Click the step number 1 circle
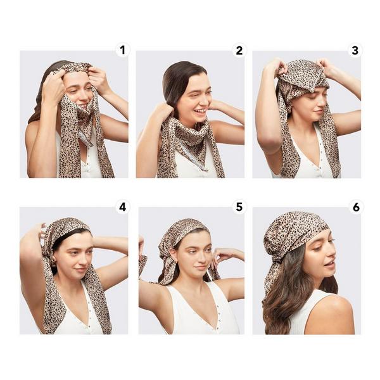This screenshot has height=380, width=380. (122, 50)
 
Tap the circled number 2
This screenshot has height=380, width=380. (239, 50)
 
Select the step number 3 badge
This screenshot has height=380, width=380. (355, 50)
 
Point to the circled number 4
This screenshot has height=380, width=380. (122, 206)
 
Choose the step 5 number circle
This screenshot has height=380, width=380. (239, 206)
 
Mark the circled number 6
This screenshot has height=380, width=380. (355, 206)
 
